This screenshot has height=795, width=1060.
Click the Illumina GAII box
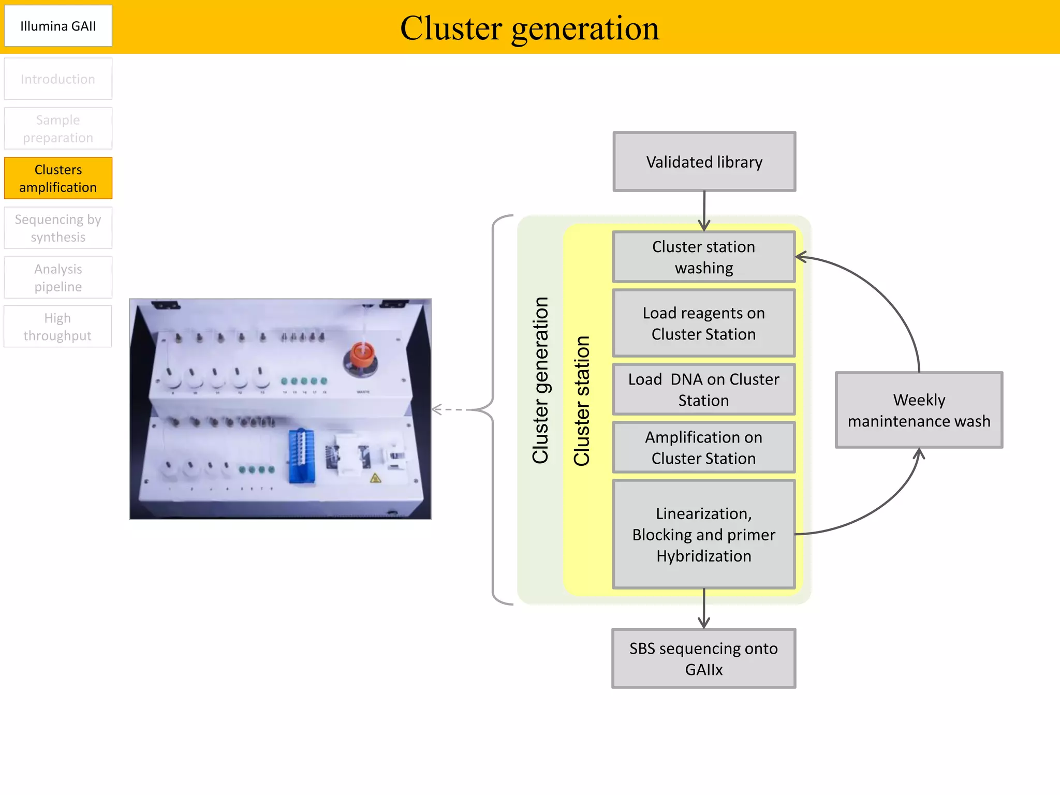pyautogui.click(x=58, y=26)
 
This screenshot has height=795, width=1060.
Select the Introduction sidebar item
pyautogui.click(x=58, y=79)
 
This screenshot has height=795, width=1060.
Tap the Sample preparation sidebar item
pyautogui.click(x=58, y=128)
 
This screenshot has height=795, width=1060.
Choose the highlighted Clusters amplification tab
pyautogui.click(x=58, y=178)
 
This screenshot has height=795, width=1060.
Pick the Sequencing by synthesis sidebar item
pyautogui.click(x=58, y=228)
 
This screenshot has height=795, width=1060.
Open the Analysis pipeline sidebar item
pyautogui.click(x=58, y=277)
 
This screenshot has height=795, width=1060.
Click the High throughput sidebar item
pyautogui.click(x=58, y=327)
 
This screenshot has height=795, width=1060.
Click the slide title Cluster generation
pyautogui.click(x=529, y=28)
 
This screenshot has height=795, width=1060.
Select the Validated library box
pyautogui.click(x=704, y=161)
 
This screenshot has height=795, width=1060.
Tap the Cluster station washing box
pyautogui.click(x=703, y=257)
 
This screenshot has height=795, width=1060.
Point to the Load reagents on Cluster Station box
pyautogui.click(x=703, y=323)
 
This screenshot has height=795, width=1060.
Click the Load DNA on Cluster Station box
pyautogui.click(x=703, y=389)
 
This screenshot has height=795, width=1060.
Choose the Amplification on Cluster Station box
pyautogui.click(x=703, y=447)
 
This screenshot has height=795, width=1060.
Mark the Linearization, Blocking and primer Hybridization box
pyautogui.click(x=703, y=534)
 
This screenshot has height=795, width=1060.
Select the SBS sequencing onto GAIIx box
pyautogui.click(x=703, y=658)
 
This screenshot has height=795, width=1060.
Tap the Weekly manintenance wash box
pyautogui.click(x=919, y=410)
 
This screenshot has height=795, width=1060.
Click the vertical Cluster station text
pyautogui.click(x=582, y=401)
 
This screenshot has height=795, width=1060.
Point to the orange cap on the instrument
pyautogui.click(x=362, y=355)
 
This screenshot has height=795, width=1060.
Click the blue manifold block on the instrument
pyautogui.click(x=301, y=455)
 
